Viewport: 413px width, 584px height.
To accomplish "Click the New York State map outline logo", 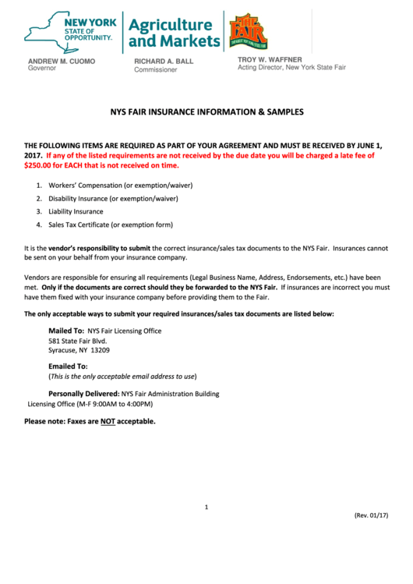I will point(43,31).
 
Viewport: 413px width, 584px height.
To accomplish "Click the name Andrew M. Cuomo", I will point(62,60).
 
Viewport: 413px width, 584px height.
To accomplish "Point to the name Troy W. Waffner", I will point(269,59).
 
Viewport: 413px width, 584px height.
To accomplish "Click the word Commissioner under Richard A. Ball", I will point(155,69).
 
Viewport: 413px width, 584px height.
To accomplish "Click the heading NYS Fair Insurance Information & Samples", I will point(206,112).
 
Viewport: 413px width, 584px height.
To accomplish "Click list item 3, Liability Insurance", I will point(76,211).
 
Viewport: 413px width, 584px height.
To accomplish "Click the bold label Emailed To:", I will point(68,366).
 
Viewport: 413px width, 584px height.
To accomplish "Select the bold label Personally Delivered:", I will point(83,394).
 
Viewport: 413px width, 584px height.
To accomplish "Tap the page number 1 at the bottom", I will point(206,508).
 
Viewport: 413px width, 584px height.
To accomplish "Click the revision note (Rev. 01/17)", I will point(371,515).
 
